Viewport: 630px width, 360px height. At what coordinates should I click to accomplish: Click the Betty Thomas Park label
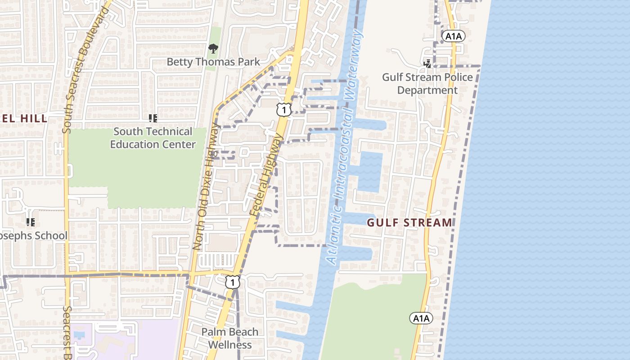tap(213, 62)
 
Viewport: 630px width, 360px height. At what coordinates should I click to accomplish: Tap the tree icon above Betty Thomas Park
tap(213, 48)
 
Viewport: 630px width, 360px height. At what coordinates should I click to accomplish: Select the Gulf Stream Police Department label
tap(427, 84)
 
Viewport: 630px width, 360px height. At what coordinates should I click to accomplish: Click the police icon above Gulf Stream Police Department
tap(427, 64)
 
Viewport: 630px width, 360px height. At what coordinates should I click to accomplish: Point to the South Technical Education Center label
tap(153, 138)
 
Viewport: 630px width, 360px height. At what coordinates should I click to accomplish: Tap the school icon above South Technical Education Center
tap(153, 118)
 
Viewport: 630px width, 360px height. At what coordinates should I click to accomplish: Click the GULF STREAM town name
tap(409, 222)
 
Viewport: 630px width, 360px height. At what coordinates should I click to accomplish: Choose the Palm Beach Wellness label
tap(229, 338)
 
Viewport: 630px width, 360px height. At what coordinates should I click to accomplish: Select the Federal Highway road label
tap(269, 175)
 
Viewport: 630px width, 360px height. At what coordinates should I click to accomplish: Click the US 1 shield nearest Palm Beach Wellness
tap(232, 282)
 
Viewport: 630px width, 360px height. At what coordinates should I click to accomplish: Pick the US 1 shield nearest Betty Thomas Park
tap(284, 110)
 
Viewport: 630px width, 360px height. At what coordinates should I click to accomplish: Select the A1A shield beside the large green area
tap(421, 318)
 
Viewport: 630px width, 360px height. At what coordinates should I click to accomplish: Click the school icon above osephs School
tap(31, 222)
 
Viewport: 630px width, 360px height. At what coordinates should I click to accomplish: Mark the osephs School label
tap(34, 235)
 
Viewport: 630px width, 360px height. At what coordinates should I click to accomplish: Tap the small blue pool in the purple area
tap(79, 335)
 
